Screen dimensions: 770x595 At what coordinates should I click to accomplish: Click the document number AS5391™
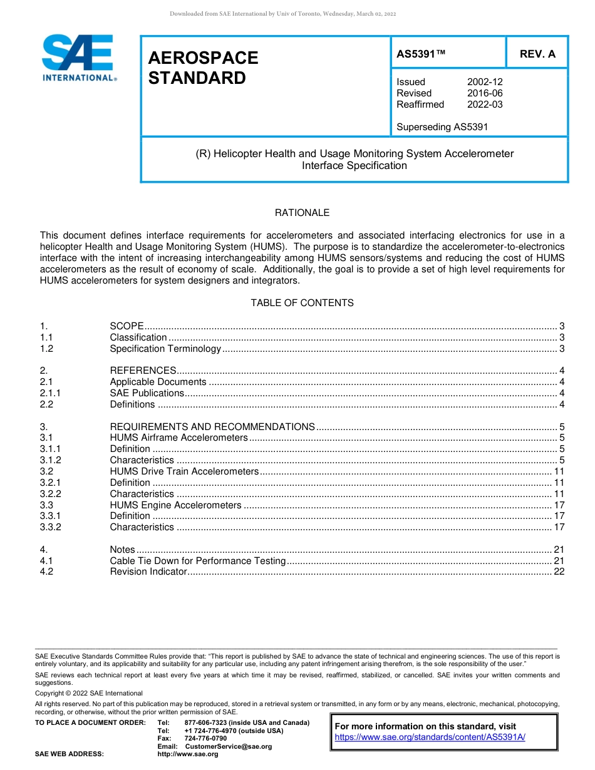(x=421, y=54)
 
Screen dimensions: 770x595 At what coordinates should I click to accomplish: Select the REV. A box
(x=537, y=54)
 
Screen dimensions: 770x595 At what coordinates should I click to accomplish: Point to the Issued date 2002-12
(x=485, y=82)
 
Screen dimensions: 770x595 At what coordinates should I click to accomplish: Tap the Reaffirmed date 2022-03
(x=485, y=105)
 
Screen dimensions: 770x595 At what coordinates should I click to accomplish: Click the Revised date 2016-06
(x=485, y=93)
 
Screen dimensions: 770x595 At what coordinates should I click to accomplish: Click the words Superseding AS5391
(x=442, y=127)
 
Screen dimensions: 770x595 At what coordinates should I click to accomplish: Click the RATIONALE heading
(x=302, y=213)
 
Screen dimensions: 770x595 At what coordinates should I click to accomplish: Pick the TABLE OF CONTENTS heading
(x=302, y=303)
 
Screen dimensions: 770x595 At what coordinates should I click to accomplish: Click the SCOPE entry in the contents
(x=127, y=326)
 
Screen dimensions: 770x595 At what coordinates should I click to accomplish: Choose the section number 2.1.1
(x=50, y=393)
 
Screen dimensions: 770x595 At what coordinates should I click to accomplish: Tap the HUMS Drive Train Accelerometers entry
(x=184, y=471)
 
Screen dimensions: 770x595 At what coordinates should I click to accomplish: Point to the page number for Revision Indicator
(x=559, y=572)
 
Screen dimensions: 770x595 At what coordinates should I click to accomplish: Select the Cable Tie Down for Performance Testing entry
(x=197, y=561)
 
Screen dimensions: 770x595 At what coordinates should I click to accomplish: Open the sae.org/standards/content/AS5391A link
(x=430, y=737)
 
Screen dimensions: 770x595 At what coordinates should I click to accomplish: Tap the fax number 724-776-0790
(x=205, y=739)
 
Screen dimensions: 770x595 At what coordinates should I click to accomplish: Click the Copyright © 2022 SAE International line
(x=89, y=693)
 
